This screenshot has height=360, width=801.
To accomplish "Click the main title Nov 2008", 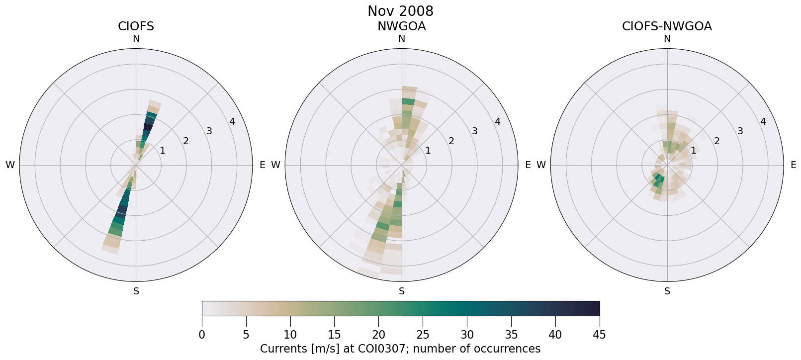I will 400,11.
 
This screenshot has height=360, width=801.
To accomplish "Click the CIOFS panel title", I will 136,26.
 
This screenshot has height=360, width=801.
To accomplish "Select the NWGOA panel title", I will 401,26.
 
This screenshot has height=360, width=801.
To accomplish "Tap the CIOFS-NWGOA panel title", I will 667,26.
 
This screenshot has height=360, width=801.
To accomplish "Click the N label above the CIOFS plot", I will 136,39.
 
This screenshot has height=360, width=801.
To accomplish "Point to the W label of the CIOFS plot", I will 10,165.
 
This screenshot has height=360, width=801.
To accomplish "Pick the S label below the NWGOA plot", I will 402,291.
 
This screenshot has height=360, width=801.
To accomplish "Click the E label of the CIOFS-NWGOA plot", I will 794,165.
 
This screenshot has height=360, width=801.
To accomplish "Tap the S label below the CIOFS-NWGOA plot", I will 667,291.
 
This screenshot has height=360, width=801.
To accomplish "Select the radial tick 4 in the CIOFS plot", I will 232,122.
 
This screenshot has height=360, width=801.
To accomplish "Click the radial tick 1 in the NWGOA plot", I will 428,151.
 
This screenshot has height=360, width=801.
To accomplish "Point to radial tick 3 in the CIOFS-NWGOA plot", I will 740,131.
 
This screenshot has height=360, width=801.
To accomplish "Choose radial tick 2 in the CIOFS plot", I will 186,141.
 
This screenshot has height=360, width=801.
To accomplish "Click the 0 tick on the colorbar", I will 202,335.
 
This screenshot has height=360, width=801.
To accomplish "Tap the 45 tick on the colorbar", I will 599,335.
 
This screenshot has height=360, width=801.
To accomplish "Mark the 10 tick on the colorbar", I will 290,335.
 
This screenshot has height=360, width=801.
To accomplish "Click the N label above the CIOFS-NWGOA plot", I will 667,39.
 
